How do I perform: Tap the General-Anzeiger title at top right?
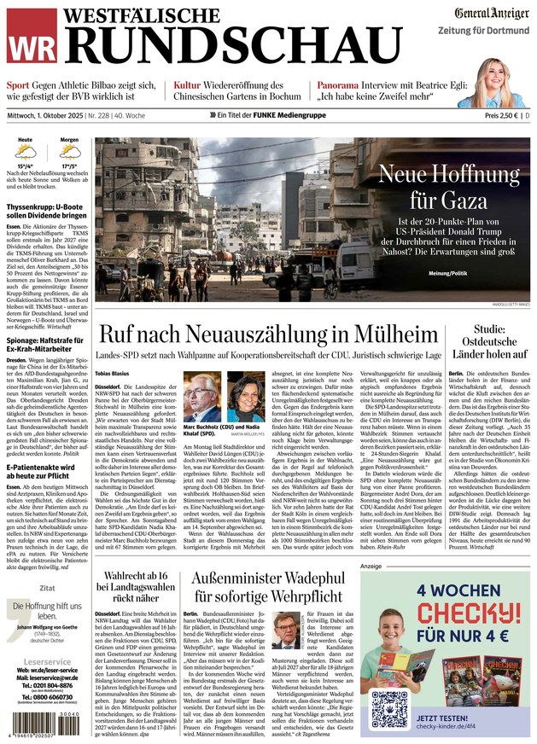pyautogui.click(x=490, y=13)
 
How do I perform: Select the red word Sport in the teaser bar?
pyautogui.click(x=18, y=86)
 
